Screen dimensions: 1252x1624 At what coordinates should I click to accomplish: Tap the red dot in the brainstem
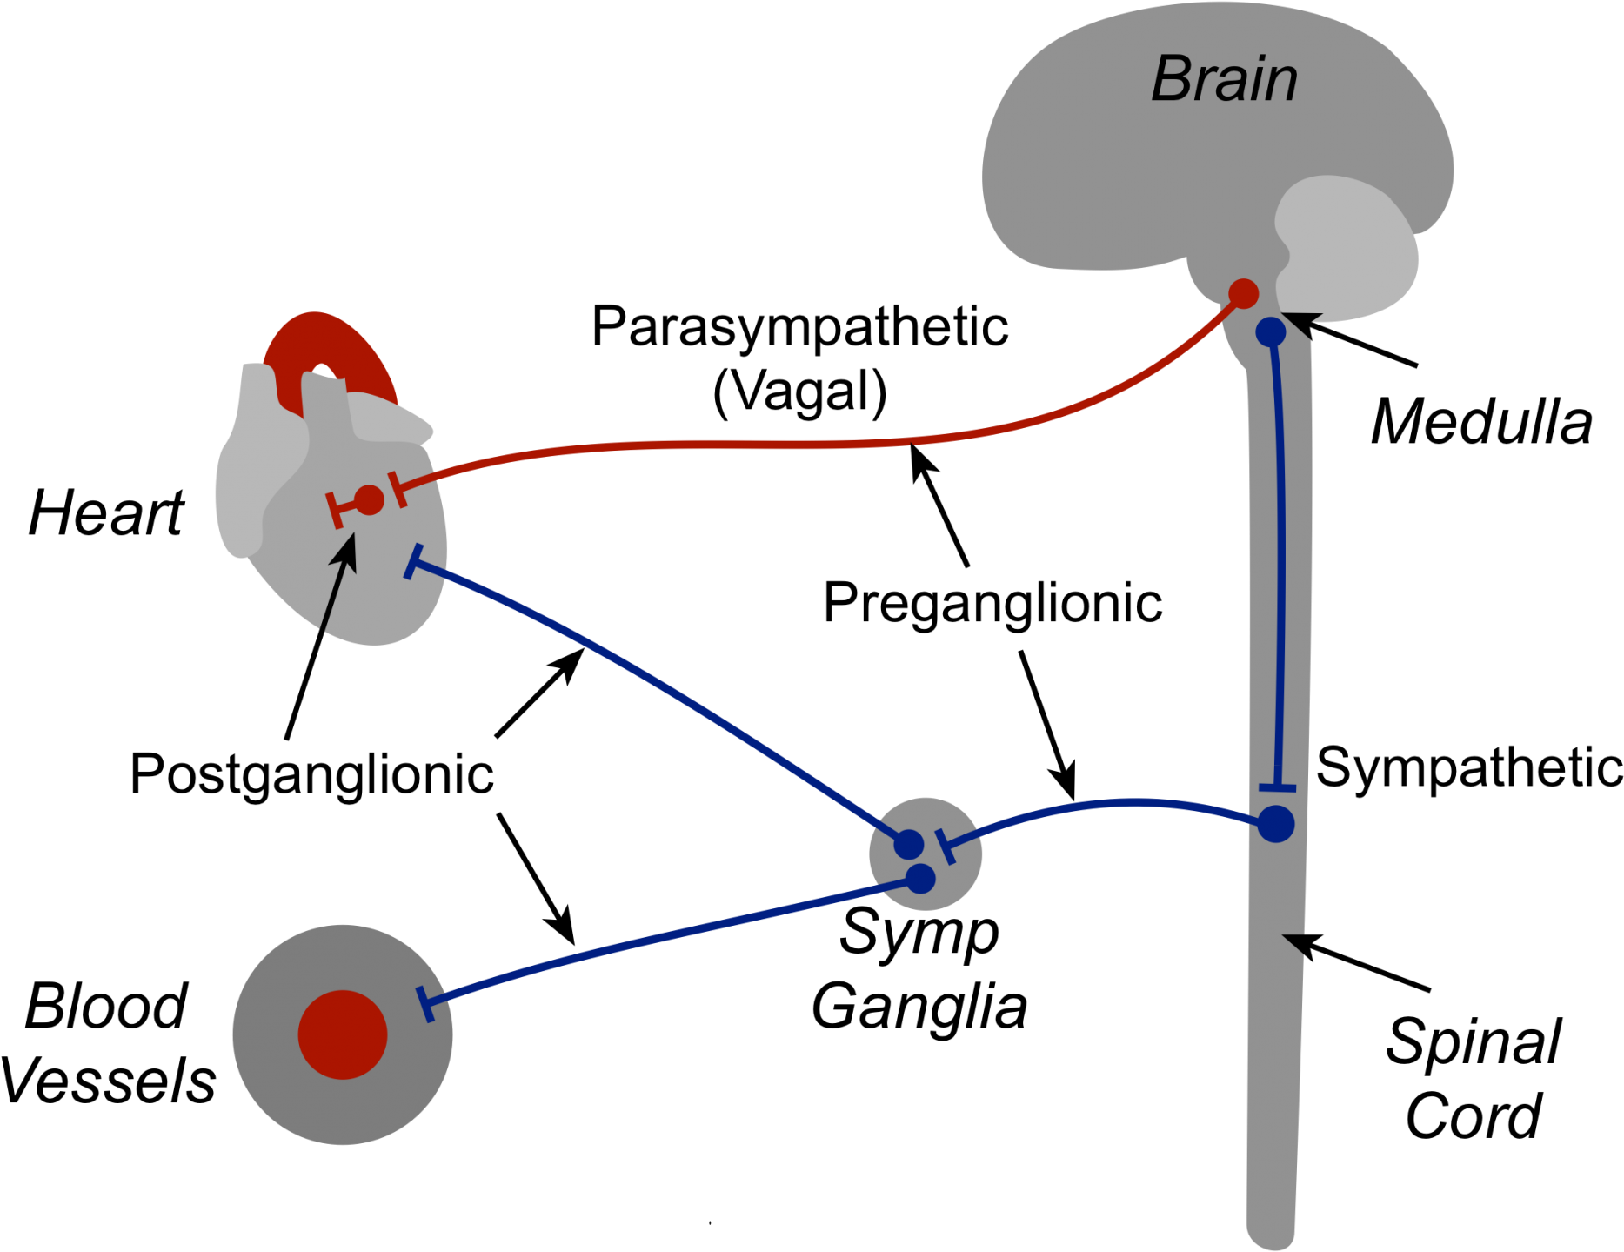point(1244,294)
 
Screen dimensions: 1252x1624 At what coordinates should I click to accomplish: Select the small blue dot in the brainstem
point(1271,331)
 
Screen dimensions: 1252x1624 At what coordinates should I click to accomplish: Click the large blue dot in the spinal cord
point(1276,824)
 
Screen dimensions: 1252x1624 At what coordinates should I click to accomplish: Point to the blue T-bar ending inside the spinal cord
point(1277,788)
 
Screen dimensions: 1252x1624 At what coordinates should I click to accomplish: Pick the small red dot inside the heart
point(370,500)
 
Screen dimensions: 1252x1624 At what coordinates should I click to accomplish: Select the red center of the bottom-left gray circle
point(343,1034)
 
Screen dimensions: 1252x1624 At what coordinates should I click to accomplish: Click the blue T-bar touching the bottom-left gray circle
point(425,1004)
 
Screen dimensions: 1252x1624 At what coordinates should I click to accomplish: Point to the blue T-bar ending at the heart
point(414,562)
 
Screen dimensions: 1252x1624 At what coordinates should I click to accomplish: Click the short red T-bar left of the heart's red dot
point(336,510)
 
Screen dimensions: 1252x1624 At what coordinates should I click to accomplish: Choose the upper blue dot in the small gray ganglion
point(909,844)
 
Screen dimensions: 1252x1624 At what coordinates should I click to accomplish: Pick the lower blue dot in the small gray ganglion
point(920,879)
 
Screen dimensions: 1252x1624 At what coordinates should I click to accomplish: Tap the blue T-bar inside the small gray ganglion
point(946,847)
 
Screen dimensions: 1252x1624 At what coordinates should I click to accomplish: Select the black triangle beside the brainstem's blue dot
point(1304,325)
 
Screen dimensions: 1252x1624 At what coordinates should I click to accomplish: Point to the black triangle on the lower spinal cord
point(1295,945)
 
